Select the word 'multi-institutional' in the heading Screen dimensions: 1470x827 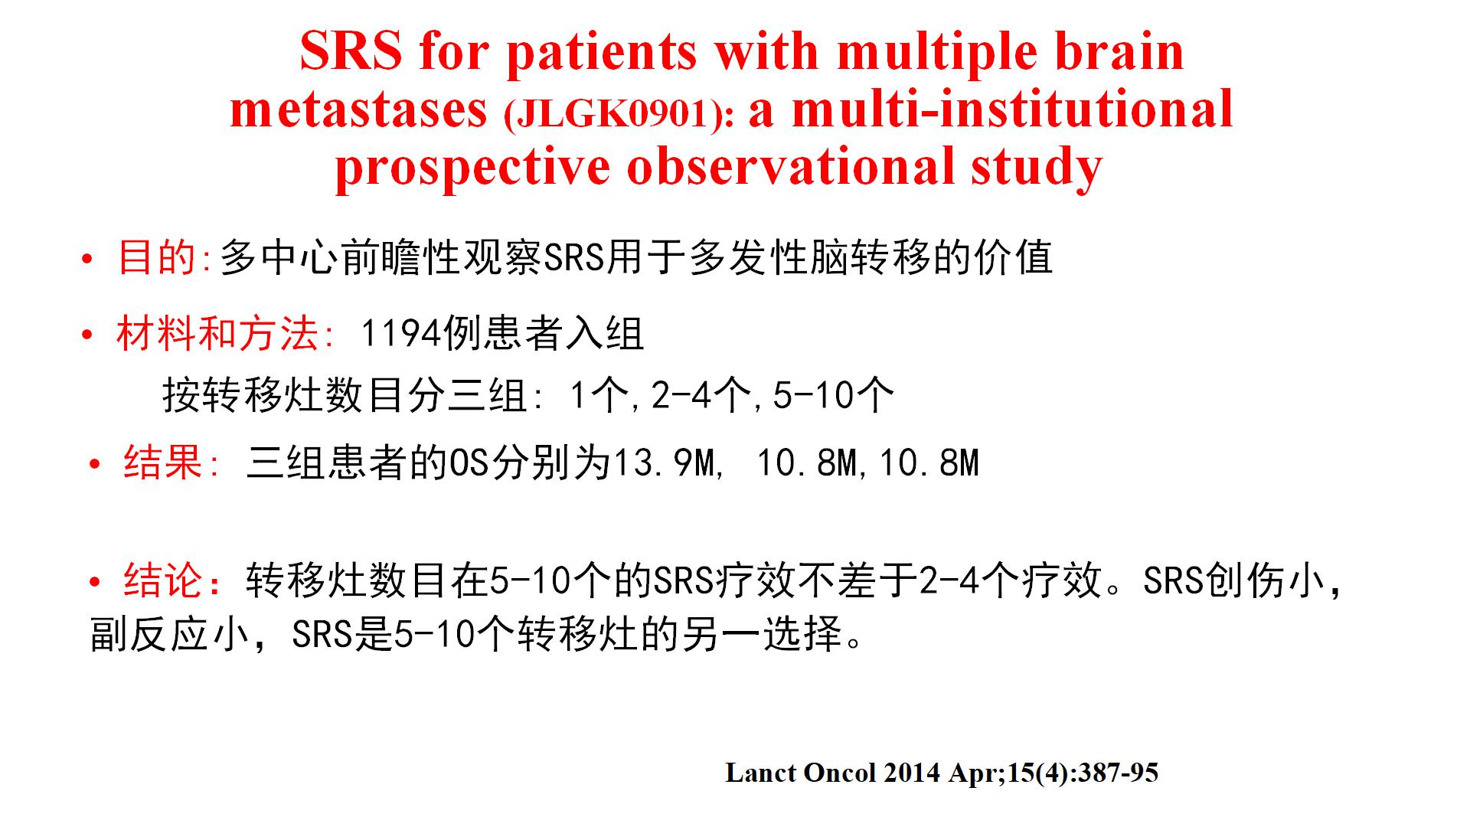point(1012,110)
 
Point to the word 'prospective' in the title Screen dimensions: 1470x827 point(472,168)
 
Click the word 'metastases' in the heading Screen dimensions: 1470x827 point(358,110)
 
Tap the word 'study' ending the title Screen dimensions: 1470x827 point(1037,166)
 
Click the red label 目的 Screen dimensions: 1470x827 point(157,257)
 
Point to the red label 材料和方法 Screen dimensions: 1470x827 point(217,334)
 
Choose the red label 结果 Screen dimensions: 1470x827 point(163,463)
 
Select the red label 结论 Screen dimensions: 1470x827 point(163,580)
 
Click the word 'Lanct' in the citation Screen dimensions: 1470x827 point(761,773)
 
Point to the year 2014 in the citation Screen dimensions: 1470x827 point(912,773)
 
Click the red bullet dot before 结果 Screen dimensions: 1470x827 point(95,464)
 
